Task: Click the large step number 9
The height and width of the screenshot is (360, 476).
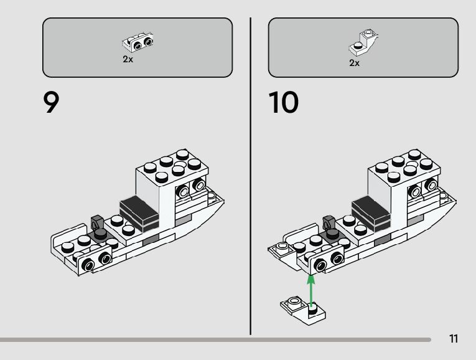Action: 52,103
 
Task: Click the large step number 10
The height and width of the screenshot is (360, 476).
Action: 284,103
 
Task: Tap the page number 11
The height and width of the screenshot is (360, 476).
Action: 453,339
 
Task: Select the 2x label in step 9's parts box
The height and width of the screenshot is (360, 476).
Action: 128,60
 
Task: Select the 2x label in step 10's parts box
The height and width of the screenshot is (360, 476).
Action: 354,63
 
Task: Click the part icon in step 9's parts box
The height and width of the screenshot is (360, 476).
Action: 139,42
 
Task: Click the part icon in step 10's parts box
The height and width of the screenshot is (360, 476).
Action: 365,41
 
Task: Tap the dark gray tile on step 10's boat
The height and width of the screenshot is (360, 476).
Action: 371,210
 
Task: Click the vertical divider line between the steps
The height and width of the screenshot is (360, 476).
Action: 250,174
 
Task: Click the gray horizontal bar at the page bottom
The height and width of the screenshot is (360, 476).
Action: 215,340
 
